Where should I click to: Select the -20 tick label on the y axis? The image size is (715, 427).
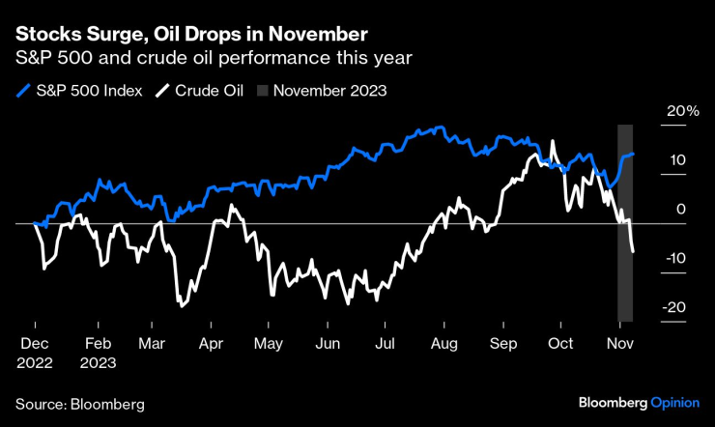pos(675,307)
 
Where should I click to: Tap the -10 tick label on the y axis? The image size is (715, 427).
pos(675,258)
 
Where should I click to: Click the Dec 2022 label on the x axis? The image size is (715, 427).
pos(35,354)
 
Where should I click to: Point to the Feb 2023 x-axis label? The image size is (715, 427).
pos(100,354)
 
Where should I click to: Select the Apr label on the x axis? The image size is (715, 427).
pos(211,344)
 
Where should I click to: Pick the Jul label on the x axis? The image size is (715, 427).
pos(386,344)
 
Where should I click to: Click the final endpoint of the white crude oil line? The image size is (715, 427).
pos(633,252)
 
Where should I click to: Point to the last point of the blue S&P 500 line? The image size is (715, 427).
pos(633,154)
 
